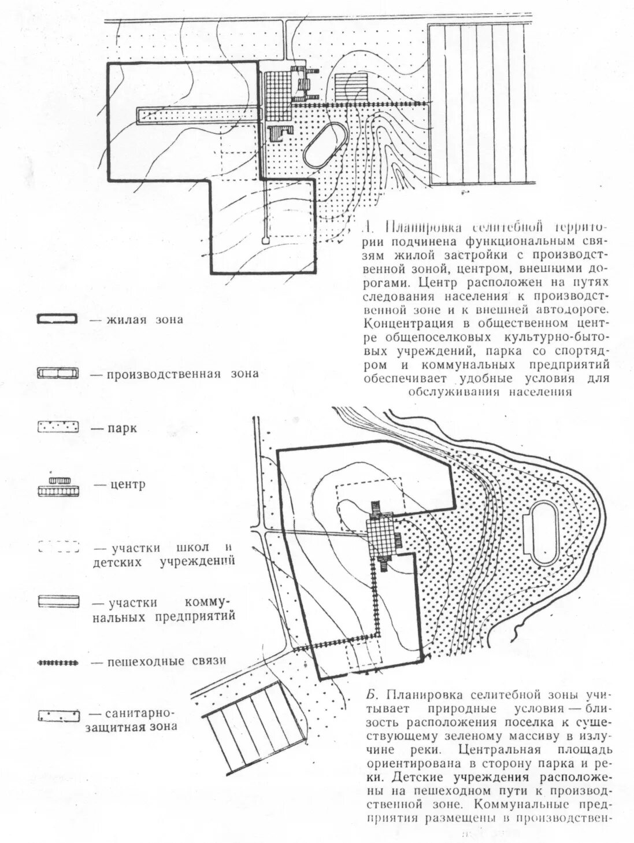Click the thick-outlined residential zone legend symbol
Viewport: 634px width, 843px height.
pyautogui.click(x=57, y=320)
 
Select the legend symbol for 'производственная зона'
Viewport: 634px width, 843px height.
pyautogui.click(x=57, y=374)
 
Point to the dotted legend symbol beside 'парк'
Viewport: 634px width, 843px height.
pyautogui.click(x=57, y=428)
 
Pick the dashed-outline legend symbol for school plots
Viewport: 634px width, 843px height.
pyautogui.click(x=58, y=546)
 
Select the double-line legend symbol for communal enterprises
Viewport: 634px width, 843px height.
pyautogui.click(x=57, y=602)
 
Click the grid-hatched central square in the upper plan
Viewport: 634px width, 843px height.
pyautogui.click(x=276, y=93)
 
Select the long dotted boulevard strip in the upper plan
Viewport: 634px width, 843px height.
pyautogui.click(x=196, y=115)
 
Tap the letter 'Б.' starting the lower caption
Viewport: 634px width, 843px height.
pyautogui.click(x=372, y=694)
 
